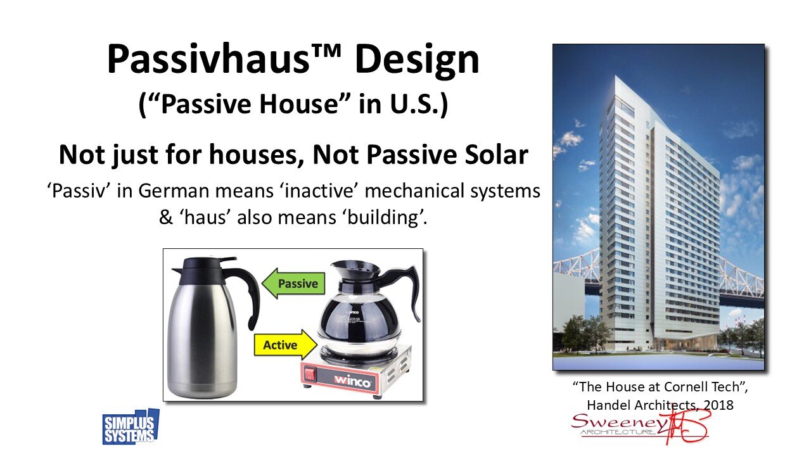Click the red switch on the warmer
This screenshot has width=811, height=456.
click(x=311, y=374)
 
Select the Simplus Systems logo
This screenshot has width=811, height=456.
click(x=131, y=427)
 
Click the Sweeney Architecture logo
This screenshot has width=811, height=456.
click(x=640, y=427)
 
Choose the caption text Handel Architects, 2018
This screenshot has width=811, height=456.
click(x=659, y=405)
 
